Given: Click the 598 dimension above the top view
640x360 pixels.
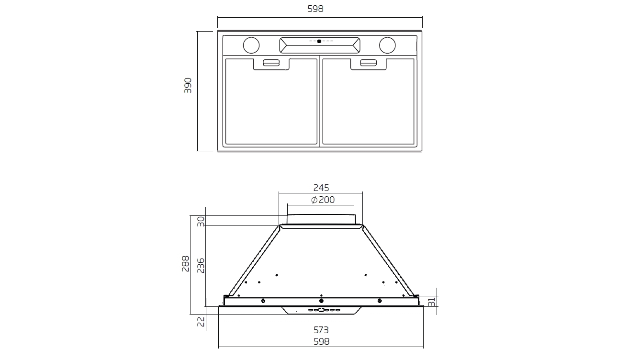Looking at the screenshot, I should (x=319, y=9).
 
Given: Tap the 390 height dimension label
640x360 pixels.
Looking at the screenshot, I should (x=188, y=85).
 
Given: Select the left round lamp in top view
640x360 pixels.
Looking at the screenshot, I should (x=251, y=45).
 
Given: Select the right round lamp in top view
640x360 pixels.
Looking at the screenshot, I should (x=387, y=45).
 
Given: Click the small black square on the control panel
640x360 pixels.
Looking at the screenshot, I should (x=319, y=41).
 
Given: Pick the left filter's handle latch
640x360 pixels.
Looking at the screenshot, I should (x=271, y=62).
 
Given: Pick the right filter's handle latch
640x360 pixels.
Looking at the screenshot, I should (x=369, y=62).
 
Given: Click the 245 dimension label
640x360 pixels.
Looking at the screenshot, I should (x=321, y=188).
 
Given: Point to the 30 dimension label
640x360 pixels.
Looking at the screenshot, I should (x=201, y=221).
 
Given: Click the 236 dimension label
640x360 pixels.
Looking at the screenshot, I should (x=201, y=265).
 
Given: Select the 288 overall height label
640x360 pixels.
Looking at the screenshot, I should (x=186, y=263).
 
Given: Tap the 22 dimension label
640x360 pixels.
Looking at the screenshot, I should (x=201, y=321).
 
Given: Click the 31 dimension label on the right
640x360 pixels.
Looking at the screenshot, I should (x=431, y=302).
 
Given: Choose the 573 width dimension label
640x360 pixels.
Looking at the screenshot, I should (x=321, y=330).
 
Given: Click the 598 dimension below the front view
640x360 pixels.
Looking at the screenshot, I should (x=321, y=341).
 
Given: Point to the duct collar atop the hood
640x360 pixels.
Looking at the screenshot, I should (x=321, y=219).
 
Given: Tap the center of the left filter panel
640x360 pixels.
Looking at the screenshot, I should (x=271, y=101).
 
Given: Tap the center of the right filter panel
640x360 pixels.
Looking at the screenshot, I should (x=368, y=101).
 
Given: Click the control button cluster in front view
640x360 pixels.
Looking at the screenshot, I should (x=321, y=310).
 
